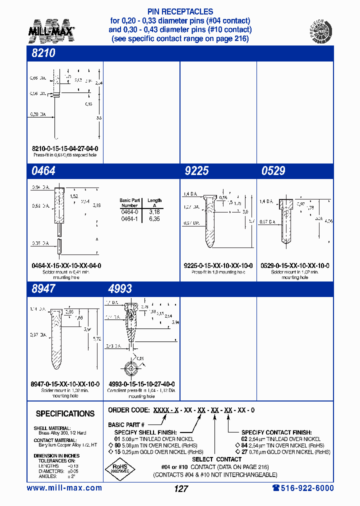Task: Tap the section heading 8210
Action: (43, 53)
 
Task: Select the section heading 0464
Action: (43, 171)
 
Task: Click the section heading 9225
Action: (196, 171)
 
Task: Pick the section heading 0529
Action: (273, 171)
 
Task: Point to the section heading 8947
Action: (43, 288)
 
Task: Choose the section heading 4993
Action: (120, 288)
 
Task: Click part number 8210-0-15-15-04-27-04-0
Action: (65, 149)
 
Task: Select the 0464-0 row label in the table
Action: (129, 212)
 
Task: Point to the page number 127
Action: (180, 489)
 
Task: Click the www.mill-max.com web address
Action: (64, 488)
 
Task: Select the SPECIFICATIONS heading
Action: (65, 413)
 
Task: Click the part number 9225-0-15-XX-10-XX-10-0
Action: (218, 265)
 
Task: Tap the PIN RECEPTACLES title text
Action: (180, 11)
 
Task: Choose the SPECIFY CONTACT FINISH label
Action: (276, 432)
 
